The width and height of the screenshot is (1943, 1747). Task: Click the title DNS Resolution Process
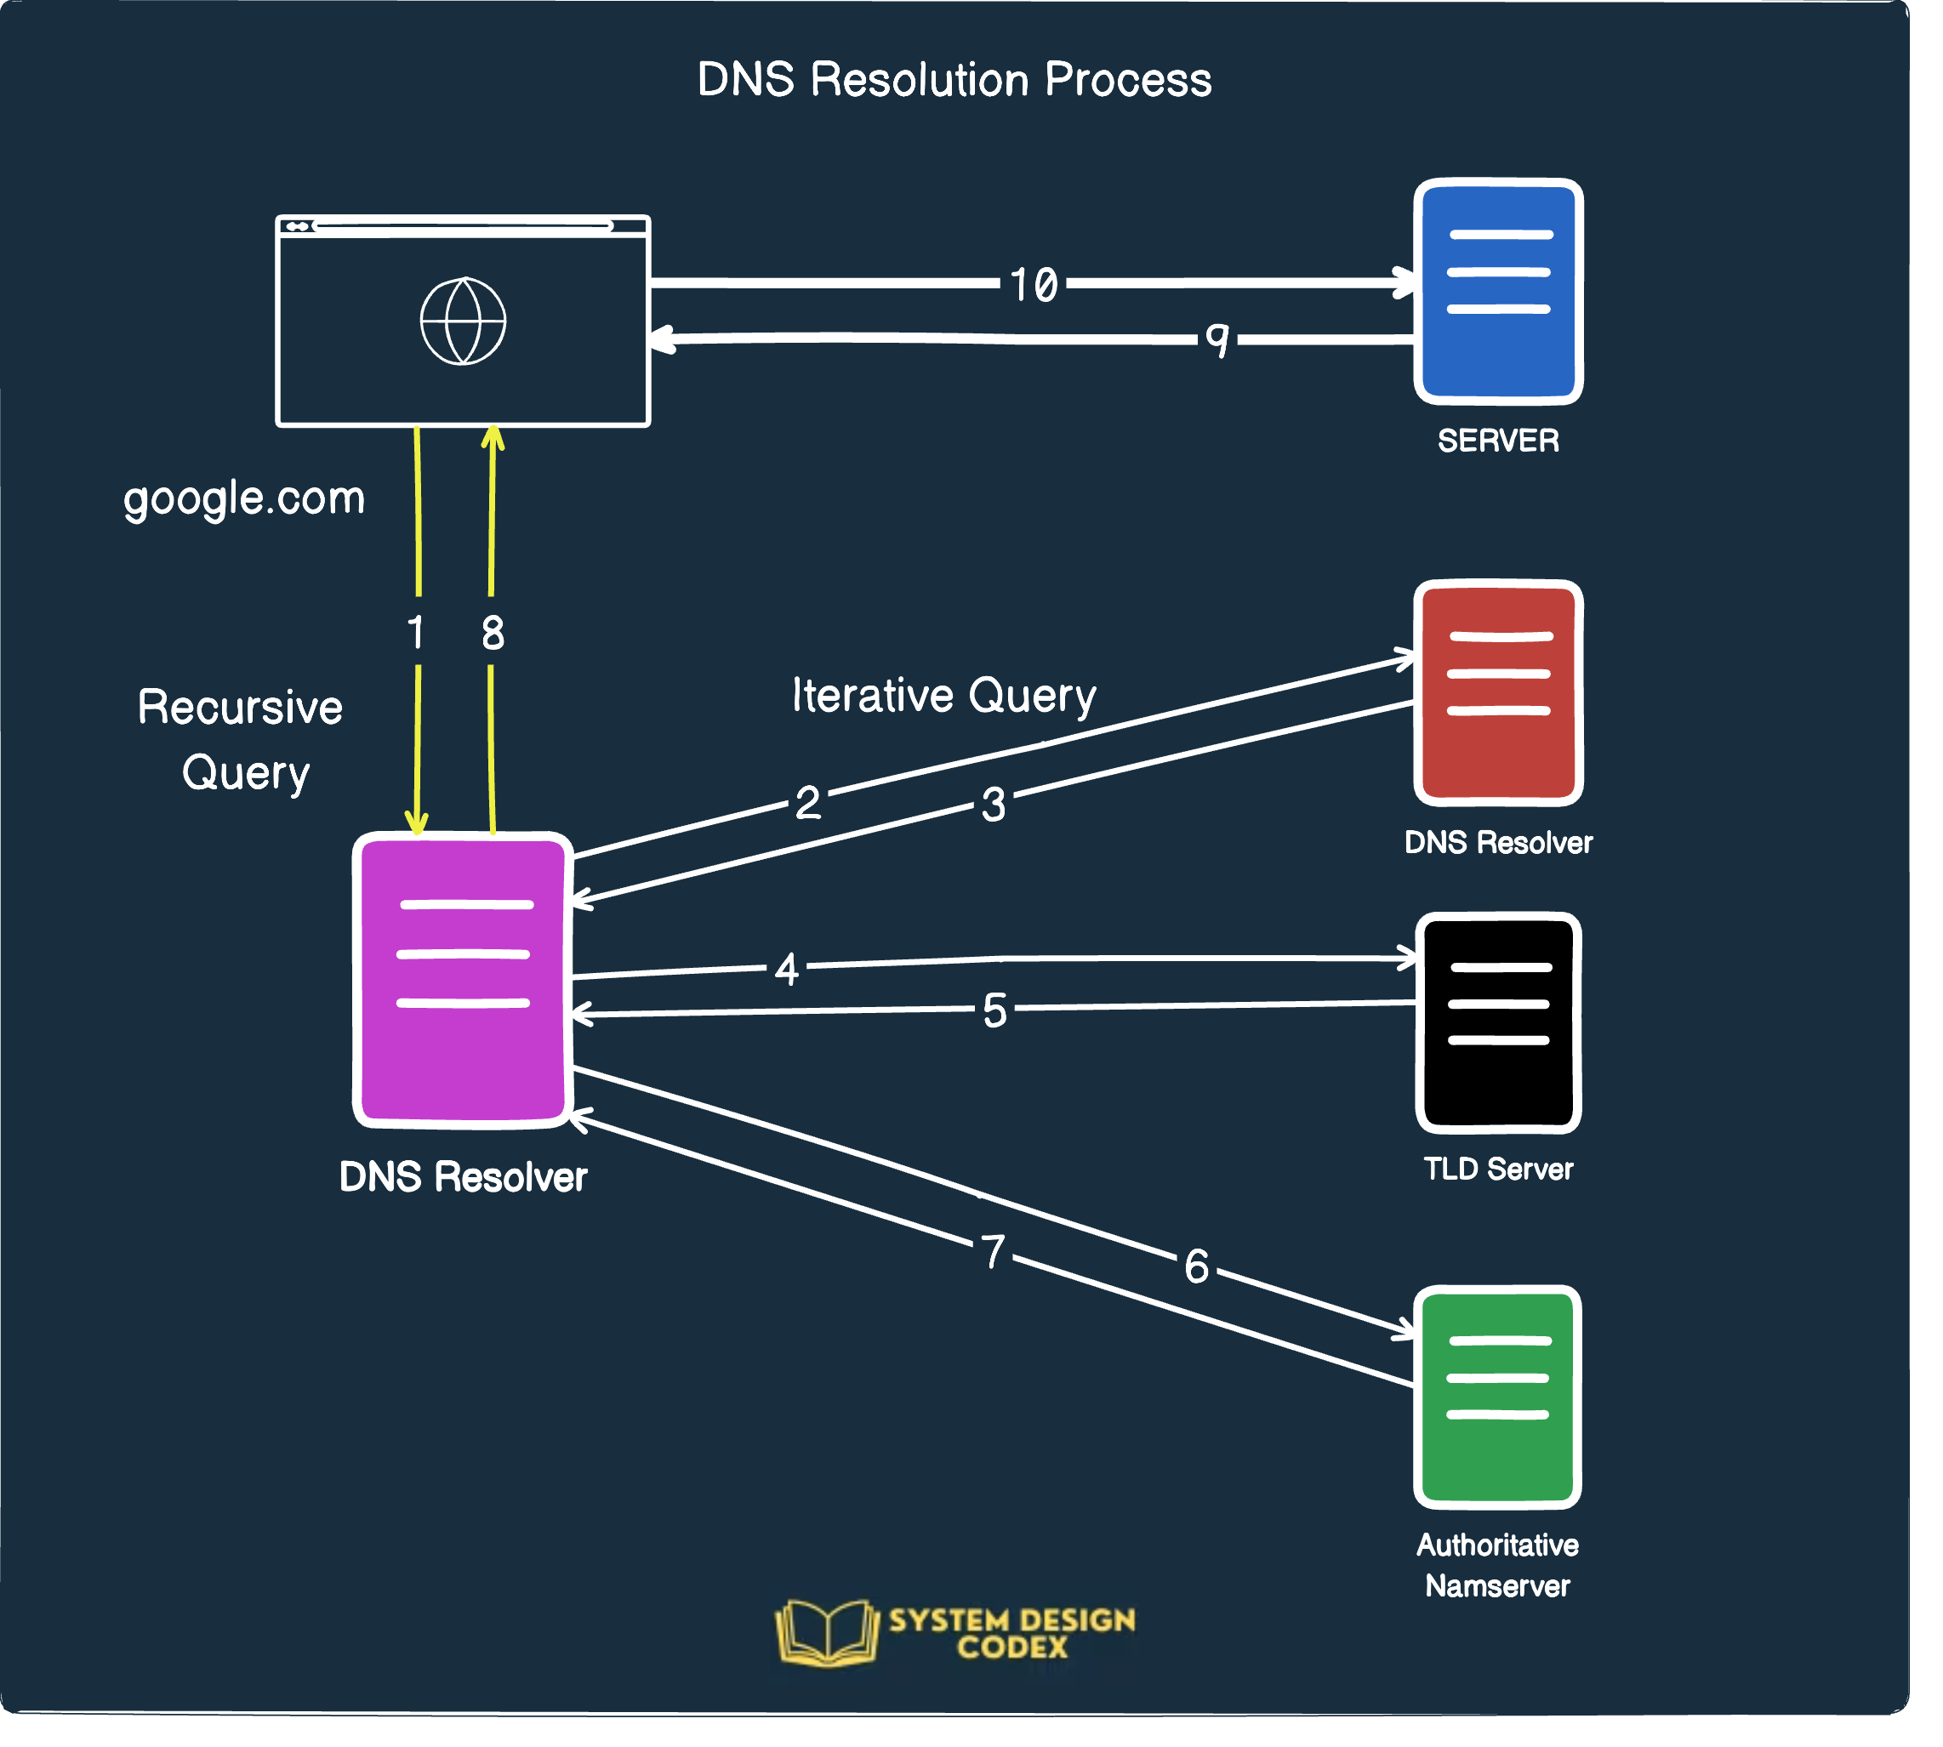(954, 80)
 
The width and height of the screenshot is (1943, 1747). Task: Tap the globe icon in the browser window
(463, 321)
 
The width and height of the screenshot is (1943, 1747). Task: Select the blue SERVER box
(1496, 291)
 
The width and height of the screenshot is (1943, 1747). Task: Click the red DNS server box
(1496, 693)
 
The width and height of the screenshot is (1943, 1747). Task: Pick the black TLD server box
(1496, 1022)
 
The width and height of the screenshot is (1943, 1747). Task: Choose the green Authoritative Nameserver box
(1496, 1397)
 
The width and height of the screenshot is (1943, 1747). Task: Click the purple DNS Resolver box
(463, 979)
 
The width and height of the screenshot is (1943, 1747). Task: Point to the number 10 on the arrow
(1033, 285)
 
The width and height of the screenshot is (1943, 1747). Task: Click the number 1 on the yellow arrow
(416, 633)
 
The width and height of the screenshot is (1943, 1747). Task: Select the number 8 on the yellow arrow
(493, 633)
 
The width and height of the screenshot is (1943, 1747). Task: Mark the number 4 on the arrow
(786, 970)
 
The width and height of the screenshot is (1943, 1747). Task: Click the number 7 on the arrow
(993, 1253)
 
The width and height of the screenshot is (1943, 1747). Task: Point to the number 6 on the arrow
(1196, 1266)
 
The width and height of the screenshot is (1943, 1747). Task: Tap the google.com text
(244, 499)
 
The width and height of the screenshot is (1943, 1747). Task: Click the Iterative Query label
(943, 696)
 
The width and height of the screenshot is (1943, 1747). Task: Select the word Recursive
(240, 708)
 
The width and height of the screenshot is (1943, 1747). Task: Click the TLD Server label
(1496, 1169)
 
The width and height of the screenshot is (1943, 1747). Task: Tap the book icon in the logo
(827, 1633)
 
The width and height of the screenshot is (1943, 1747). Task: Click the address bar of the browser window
(463, 226)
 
